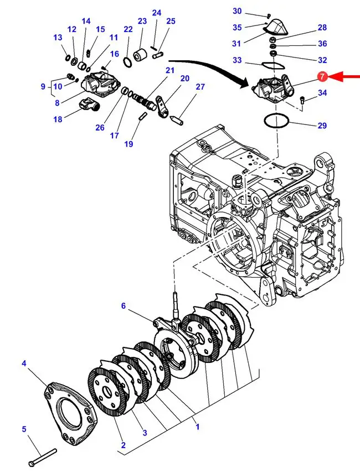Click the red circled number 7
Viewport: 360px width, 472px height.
[322, 77]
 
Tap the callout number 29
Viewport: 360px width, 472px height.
[322, 126]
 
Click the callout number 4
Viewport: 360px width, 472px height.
[24, 363]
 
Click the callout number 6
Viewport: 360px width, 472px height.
[124, 305]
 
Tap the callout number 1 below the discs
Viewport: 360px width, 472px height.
[197, 427]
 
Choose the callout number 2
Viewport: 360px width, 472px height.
[123, 445]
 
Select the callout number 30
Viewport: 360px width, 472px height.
[237, 11]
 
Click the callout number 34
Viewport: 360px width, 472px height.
[322, 93]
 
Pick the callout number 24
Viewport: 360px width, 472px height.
[157, 12]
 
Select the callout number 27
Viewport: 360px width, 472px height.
[200, 87]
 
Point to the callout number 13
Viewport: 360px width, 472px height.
[58, 38]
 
